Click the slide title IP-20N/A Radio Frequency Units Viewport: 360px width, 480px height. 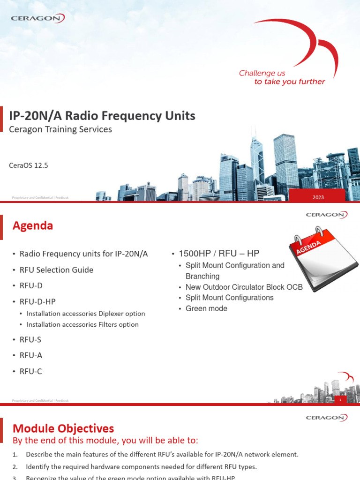coord(102,116)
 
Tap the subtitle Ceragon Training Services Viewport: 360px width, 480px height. coord(60,129)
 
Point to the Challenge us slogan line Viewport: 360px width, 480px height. coord(262,73)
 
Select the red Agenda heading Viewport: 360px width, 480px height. coord(32,226)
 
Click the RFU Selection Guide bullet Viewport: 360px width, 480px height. coord(56,270)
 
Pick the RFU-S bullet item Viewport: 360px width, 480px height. coord(30,340)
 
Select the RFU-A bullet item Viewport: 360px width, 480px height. coord(31,356)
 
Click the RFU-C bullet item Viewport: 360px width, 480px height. coord(31,372)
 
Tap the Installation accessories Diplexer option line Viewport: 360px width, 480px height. coord(86,314)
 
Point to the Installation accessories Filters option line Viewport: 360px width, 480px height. coord(82,324)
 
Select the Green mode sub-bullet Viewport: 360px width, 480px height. coord(206,308)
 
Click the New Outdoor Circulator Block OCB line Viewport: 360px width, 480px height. coord(244,287)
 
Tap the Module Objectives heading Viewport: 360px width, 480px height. coord(63,428)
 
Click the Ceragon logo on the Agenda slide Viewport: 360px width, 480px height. coord(326,215)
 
